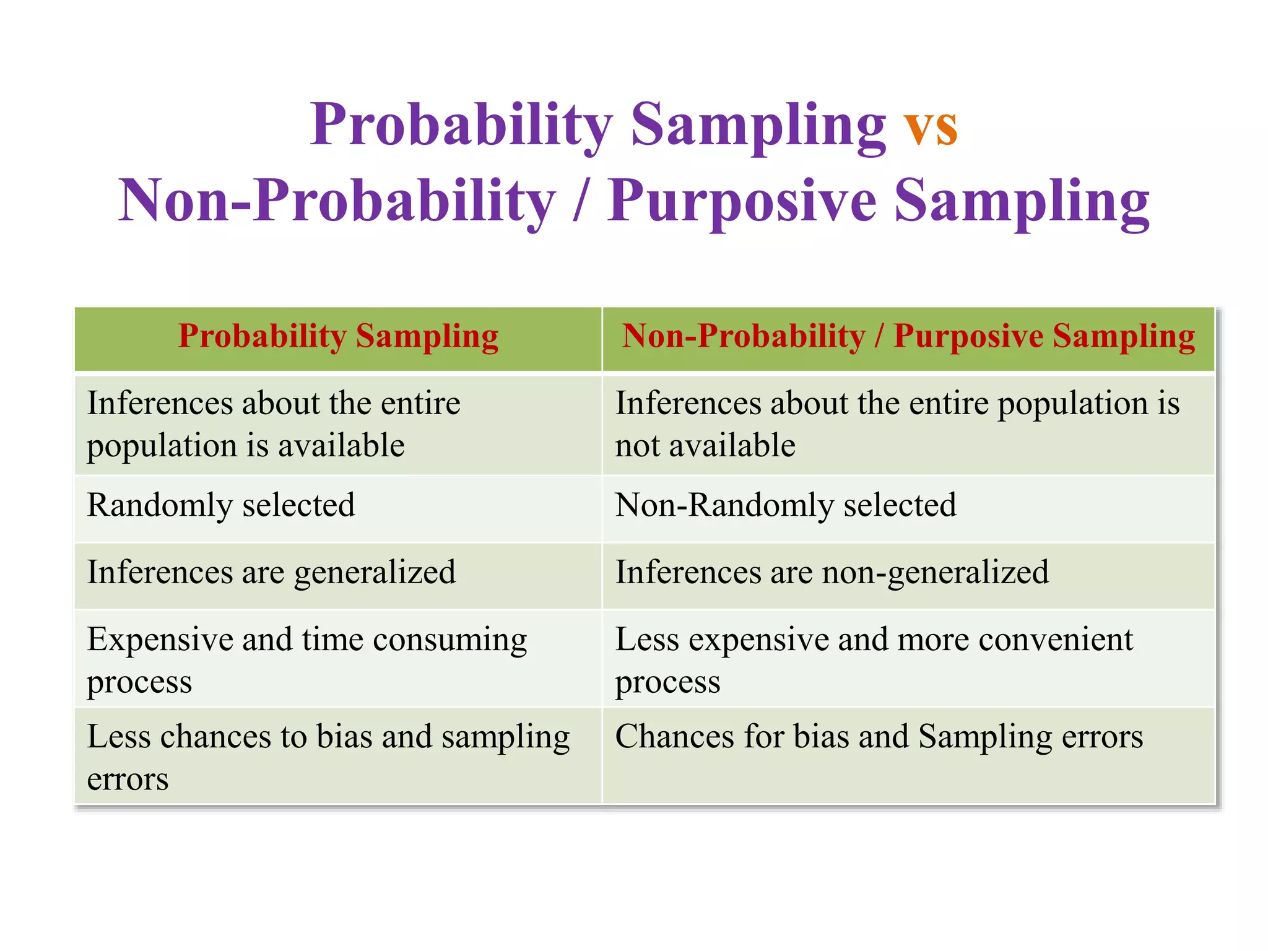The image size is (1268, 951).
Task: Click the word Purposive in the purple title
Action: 742,201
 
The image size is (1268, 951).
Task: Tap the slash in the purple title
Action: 580,201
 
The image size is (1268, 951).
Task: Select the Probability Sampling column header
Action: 338,337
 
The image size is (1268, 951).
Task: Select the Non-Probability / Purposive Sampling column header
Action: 908,337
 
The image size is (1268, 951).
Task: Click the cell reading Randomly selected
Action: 221,505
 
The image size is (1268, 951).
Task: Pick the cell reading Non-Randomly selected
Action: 785,505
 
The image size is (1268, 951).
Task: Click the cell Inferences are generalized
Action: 271,572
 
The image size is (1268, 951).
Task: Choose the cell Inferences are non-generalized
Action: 832,572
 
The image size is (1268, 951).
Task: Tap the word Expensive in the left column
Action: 158,640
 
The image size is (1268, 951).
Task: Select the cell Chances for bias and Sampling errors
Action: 879,737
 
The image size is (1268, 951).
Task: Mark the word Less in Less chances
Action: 117,737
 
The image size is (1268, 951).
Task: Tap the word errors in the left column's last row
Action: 128,779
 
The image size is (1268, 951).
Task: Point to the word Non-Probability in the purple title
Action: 337,201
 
